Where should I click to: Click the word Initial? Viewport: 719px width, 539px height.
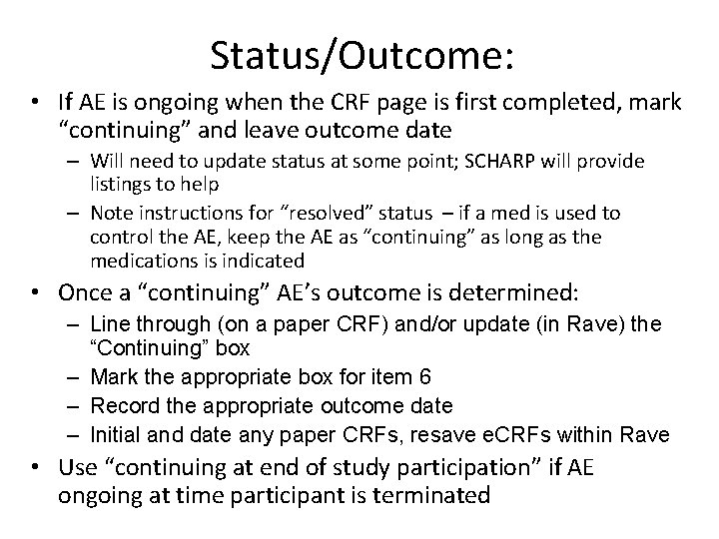[x=116, y=434]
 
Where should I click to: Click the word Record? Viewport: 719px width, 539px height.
[x=118, y=406]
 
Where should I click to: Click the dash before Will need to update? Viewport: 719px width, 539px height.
[x=76, y=162]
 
